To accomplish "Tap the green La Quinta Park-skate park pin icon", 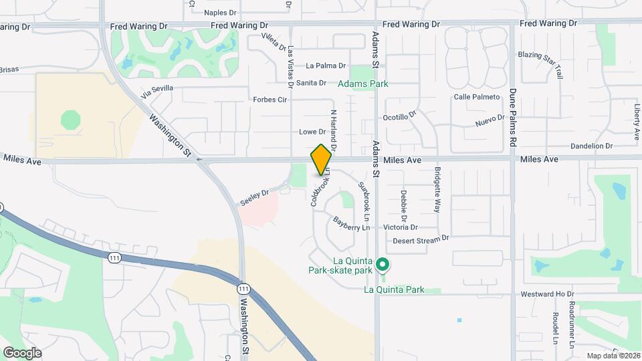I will pyautogui.click(x=382, y=265).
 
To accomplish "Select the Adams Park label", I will pyautogui.click(x=362, y=84).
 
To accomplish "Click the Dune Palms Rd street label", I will pyautogui.click(x=514, y=118).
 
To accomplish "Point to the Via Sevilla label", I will pyautogui.click(x=158, y=88).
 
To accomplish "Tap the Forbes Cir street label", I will pyautogui.click(x=270, y=100).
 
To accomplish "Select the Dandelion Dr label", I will pyautogui.click(x=591, y=146).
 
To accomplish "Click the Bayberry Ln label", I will pyautogui.click(x=351, y=223).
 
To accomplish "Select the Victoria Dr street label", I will pyautogui.click(x=401, y=227).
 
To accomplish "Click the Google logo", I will pyautogui.click(x=22, y=352).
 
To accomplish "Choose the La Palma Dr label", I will pyautogui.click(x=326, y=66).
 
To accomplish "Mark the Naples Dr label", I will pyautogui.click(x=221, y=12).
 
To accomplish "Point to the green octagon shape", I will pyautogui.click(x=70, y=120).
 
